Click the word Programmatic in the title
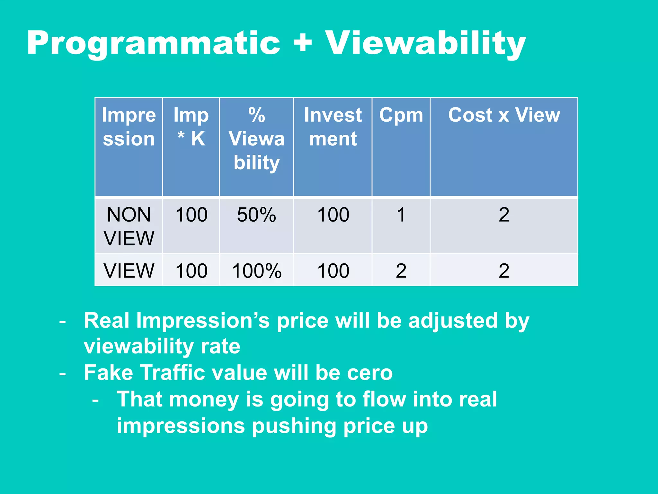tap(154, 43)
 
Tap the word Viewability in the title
tap(425, 43)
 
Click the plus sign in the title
tap(303, 43)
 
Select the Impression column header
tap(129, 127)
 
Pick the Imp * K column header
tap(191, 127)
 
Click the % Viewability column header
tap(256, 139)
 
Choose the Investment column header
tap(333, 127)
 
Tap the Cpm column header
tap(401, 115)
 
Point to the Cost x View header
tap(504, 115)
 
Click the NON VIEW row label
tap(129, 226)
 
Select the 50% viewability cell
tap(256, 215)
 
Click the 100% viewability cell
tap(256, 271)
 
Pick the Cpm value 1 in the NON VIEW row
tap(401, 215)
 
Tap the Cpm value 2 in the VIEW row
tap(401, 271)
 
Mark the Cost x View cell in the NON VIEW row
tap(504, 215)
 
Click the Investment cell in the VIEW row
tap(333, 271)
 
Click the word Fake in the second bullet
tap(108, 373)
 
